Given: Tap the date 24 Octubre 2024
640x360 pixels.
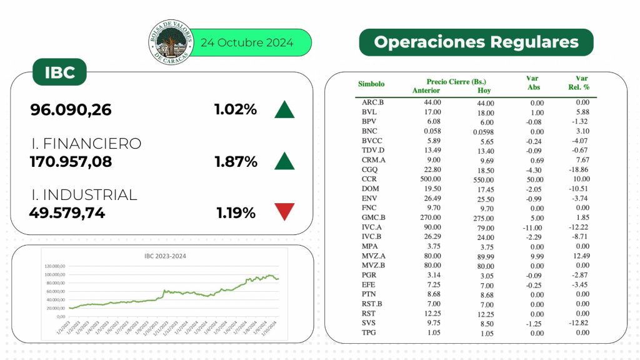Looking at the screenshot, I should click(246, 43).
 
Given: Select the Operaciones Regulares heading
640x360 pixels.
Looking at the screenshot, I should click(476, 42).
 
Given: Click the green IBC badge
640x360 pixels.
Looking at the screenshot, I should click(60, 72).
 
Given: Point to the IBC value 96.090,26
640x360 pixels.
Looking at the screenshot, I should click(71, 110).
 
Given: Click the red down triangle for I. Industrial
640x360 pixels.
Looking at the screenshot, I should click(284, 212).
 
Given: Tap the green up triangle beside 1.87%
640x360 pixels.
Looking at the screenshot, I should click(284, 161).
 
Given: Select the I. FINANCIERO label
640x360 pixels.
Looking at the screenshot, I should click(86, 144).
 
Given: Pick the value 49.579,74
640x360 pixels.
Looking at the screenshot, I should click(67, 213).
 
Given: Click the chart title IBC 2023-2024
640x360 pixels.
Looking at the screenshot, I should click(165, 256).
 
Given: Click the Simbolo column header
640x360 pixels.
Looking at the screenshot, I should click(371, 84).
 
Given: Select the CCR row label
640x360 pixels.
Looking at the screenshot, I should click(369, 179).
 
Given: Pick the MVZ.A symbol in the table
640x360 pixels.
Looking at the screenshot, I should click(373, 256).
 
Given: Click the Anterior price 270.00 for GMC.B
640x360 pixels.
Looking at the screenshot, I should click(430, 217).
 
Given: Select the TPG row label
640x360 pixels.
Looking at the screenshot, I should click(369, 332).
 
